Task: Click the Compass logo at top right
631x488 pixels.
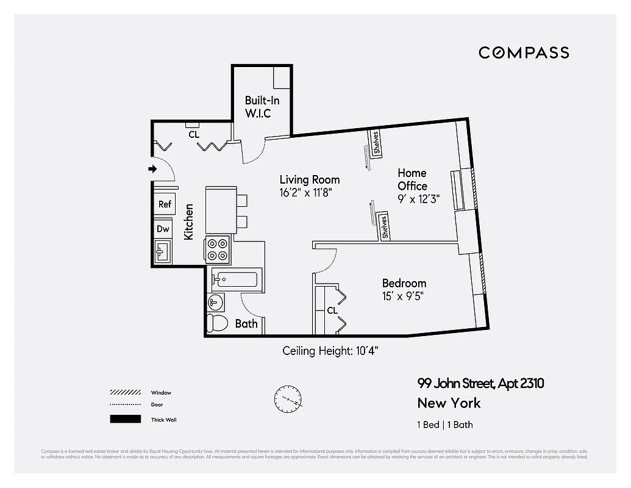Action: coord(524,52)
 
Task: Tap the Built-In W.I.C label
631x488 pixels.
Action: coord(262,107)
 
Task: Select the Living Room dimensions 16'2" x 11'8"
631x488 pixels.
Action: coord(305,193)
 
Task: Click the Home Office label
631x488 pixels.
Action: coord(413,179)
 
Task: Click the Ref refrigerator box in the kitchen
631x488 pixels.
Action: coord(165,204)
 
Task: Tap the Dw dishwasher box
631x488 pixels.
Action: coord(163,229)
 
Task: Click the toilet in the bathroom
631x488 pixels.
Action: coord(217,322)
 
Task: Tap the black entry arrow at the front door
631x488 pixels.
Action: coord(153,169)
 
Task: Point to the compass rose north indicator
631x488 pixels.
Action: coord(288,400)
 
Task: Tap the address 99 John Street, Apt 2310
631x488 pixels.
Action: coord(480,384)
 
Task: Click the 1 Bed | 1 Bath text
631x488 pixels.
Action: coord(444,425)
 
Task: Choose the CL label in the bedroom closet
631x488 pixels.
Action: coord(332,310)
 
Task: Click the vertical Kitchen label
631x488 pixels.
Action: coord(189,221)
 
